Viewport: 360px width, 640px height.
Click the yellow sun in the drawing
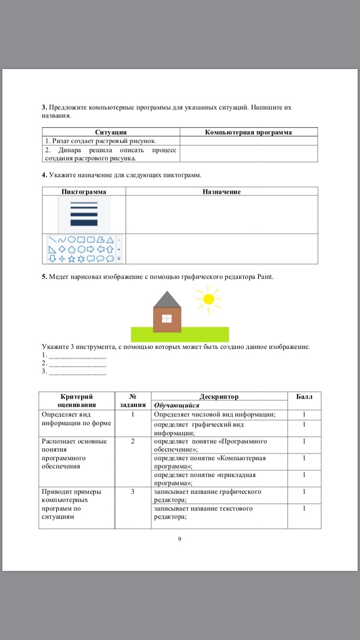[x=208, y=299]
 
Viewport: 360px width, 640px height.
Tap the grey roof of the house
[x=167, y=300]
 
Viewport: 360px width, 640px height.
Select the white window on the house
[x=167, y=318]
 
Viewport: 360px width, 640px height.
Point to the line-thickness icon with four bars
[x=84, y=213]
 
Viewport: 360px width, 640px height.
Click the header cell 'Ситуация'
[x=111, y=132]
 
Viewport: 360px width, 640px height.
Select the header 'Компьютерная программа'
[x=248, y=132]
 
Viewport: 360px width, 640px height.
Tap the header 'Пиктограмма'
[x=84, y=191]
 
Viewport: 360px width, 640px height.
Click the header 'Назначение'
[x=221, y=191]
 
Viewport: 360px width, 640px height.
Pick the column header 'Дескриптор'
[x=219, y=397]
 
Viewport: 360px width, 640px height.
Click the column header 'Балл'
[x=304, y=397]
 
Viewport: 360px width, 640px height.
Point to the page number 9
[x=180, y=539]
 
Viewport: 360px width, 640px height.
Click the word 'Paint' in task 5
[x=265, y=276]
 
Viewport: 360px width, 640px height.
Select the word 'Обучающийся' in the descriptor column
[x=177, y=405]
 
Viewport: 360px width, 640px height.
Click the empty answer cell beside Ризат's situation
[x=248, y=141]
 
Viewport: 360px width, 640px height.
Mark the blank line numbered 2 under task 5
[x=77, y=363]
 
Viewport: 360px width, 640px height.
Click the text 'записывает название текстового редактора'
[x=203, y=512]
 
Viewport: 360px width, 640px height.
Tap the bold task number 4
[x=44, y=175]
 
